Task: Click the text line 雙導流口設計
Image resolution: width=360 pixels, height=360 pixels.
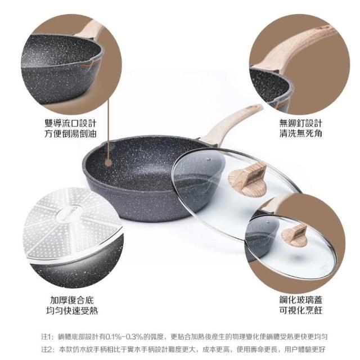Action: (x=70, y=123)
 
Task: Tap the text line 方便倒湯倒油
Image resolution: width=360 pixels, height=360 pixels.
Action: (x=70, y=134)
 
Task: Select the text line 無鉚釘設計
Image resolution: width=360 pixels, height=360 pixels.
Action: (x=301, y=123)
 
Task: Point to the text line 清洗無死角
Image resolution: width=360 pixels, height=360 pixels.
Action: (x=301, y=133)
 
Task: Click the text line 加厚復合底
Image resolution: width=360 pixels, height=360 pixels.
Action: (x=72, y=300)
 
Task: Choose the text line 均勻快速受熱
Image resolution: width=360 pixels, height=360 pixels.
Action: (x=72, y=310)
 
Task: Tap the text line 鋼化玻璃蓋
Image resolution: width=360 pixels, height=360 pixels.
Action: (x=301, y=300)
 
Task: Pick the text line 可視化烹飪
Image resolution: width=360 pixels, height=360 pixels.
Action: (x=301, y=310)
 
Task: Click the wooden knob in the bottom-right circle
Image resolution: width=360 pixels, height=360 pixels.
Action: (x=295, y=235)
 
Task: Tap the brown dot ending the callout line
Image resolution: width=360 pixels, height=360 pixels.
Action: (x=108, y=163)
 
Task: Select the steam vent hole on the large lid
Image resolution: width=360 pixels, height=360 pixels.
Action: (x=209, y=159)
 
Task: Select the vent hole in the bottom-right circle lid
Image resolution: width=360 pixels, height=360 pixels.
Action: (x=268, y=222)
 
